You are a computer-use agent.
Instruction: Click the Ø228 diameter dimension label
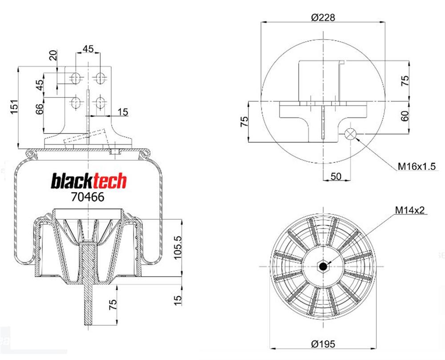point(323,17)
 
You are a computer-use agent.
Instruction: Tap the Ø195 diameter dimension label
point(323,344)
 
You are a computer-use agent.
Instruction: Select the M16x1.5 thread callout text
point(417,166)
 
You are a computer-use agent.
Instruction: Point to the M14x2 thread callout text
point(410,210)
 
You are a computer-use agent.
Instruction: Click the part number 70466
point(87,197)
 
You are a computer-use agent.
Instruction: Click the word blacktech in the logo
point(89,181)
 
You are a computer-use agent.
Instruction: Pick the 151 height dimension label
point(14,107)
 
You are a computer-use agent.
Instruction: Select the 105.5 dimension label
point(178,247)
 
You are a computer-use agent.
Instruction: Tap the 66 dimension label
point(40,109)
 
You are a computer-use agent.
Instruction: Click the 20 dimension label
point(53,55)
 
